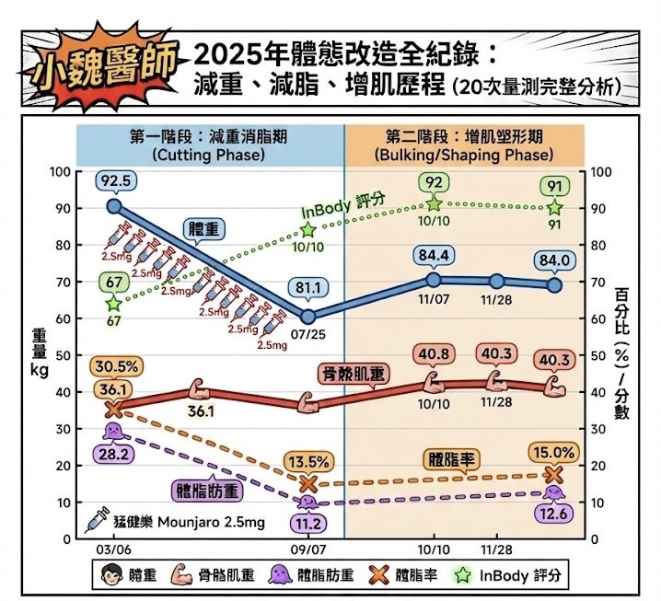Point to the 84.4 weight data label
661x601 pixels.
click(434, 253)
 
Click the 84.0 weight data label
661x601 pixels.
click(556, 260)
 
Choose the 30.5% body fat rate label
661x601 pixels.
click(115, 365)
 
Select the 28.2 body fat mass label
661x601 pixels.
click(112, 453)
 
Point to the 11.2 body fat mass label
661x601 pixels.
click(307, 524)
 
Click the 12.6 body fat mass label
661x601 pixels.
click(554, 514)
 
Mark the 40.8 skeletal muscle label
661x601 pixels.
click(434, 354)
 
